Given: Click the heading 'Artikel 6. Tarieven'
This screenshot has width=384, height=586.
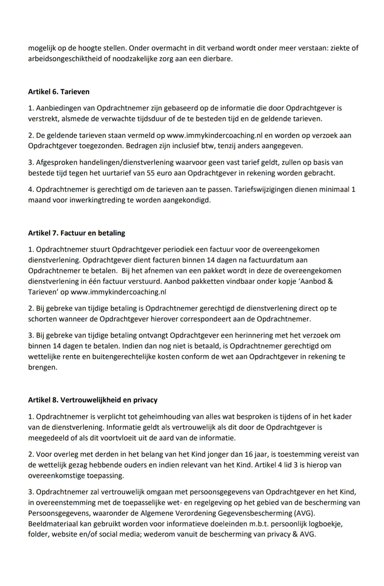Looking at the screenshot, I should [59, 92].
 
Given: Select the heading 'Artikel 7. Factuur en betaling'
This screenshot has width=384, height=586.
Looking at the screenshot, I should [76, 233].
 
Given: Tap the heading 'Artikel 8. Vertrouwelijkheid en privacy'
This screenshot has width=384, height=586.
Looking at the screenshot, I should [92, 400].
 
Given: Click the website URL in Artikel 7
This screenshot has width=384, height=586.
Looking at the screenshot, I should [118, 292].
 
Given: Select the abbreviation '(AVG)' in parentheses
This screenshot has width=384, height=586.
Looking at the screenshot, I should [304, 513].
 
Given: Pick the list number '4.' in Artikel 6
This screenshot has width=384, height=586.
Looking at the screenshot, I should [31, 189].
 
